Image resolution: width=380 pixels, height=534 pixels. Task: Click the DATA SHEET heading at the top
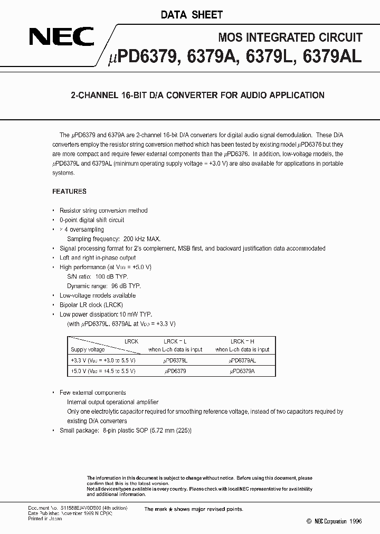(192, 15)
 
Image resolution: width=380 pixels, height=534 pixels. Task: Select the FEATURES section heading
(69, 192)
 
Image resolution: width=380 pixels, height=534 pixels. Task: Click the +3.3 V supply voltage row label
(102, 360)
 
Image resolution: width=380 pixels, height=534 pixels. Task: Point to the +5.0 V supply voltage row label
(102, 371)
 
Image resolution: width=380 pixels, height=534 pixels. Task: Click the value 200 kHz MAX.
(141, 239)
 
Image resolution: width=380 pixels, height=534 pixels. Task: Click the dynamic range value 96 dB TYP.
(126, 286)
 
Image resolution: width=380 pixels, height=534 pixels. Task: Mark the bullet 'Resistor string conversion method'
(103, 211)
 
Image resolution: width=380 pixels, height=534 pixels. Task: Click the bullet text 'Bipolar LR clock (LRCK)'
(91, 305)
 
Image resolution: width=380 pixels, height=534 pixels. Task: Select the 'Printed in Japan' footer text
(45, 519)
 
